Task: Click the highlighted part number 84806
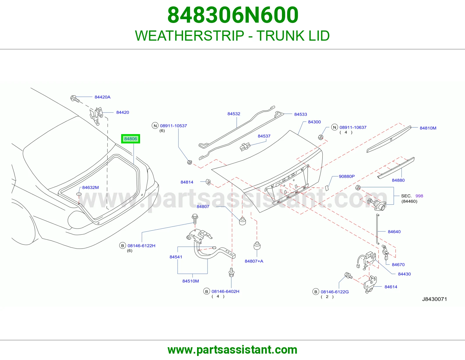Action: tap(130, 139)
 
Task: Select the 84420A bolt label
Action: tap(103, 97)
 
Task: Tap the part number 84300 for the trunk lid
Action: tap(314, 122)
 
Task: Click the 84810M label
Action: tap(428, 128)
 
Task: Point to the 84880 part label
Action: tap(398, 180)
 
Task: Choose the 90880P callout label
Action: tap(347, 176)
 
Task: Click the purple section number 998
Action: tap(419, 196)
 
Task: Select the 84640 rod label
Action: tap(394, 232)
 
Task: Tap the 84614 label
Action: tap(391, 287)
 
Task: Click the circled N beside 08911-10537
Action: tap(155, 126)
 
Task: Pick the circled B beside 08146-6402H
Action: tap(207, 291)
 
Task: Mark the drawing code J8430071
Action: tap(434, 299)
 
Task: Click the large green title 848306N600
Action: tap(233, 15)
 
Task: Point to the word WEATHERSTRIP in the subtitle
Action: tap(189, 36)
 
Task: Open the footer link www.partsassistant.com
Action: tap(233, 350)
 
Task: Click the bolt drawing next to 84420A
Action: tap(75, 99)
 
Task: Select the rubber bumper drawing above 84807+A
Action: tap(257, 246)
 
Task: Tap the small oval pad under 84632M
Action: tap(79, 194)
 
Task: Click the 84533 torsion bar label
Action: tap(301, 114)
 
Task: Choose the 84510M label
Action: tap(190, 281)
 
